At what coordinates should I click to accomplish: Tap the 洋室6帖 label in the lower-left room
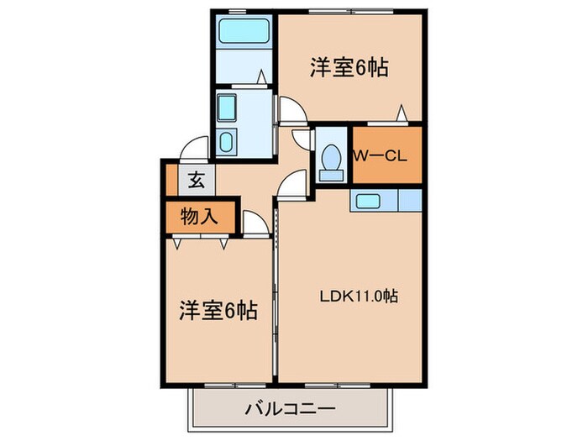(x=218, y=310)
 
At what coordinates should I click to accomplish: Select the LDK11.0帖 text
(x=357, y=297)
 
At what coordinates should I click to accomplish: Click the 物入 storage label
(x=199, y=216)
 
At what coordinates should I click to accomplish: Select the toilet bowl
(x=331, y=160)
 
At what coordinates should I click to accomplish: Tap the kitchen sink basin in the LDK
(x=367, y=200)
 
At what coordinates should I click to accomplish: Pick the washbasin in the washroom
(x=228, y=108)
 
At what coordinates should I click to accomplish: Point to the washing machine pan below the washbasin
(x=227, y=141)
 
